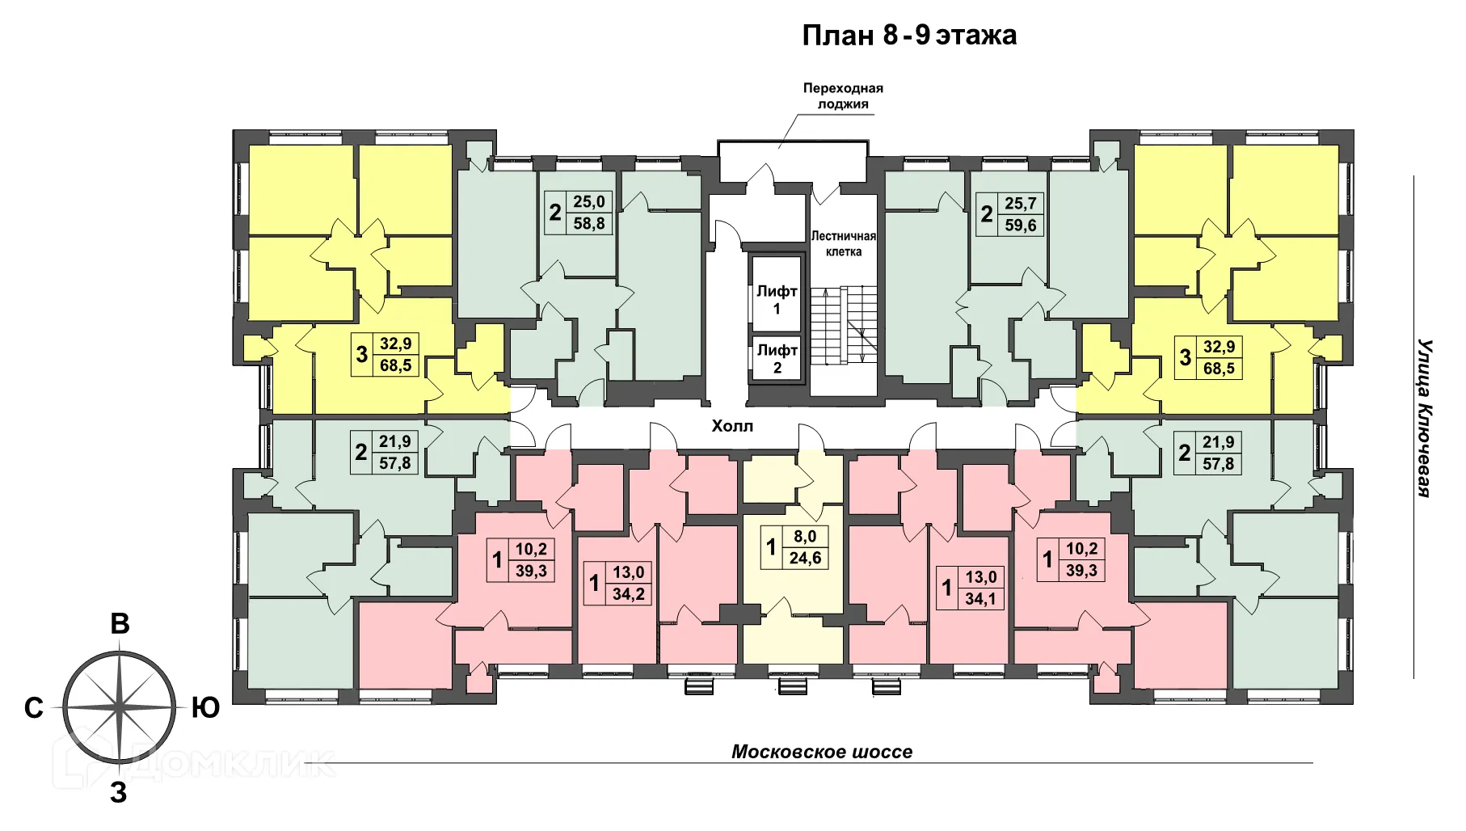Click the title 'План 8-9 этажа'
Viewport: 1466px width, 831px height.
coord(908,36)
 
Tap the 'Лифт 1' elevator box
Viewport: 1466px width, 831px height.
coord(776,300)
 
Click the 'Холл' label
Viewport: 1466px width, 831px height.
coord(731,426)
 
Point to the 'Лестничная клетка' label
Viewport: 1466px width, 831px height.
coord(843,243)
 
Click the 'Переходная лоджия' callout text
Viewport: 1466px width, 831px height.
coord(842,96)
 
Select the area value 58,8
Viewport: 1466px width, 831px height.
coord(588,224)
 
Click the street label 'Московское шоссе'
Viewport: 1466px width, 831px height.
coord(821,752)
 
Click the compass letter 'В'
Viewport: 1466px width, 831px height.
coord(120,625)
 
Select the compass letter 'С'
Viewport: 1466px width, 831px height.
coord(33,708)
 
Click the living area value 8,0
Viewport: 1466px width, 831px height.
coord(805,535)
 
